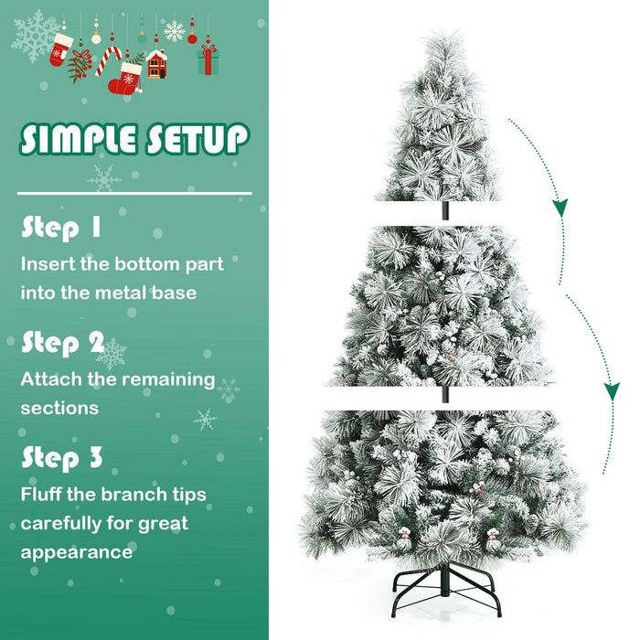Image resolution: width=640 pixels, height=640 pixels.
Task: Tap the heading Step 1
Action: coord(62,228)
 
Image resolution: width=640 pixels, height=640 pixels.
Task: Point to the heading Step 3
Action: coord(62,456)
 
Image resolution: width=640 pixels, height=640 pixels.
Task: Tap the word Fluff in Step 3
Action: coord(45,495)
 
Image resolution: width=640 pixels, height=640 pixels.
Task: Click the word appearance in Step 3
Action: coord(77,552)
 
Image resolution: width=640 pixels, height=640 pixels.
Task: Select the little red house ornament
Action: coord(156,64)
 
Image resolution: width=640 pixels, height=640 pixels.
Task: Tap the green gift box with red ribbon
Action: coord(208,60)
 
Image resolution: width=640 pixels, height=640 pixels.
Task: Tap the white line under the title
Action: coord(134,194)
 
